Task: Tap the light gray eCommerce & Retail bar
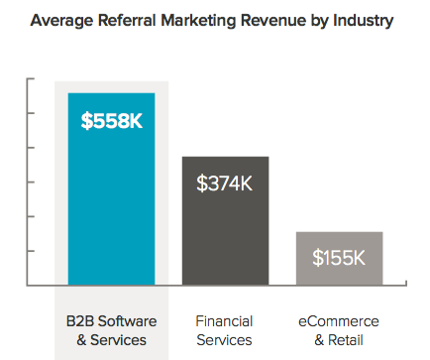pyautogui.click(x=339, y=260)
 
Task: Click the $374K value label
pyautogui.click(x=225, y=183)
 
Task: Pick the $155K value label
pyautogui.click(x=339, y=258)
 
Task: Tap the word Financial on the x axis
pyautogui.click(x=225, y=321)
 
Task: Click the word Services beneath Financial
pyautogui.click(x=225, y=340)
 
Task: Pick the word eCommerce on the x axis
pyautogui.click(x=339, y=321)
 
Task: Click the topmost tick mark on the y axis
pyautogui.click(x=33, y=79)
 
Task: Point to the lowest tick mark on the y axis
pyautogui.click(x=33, y=251)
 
